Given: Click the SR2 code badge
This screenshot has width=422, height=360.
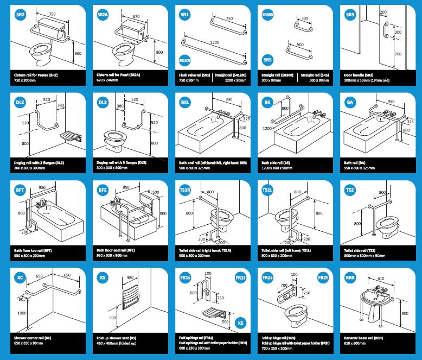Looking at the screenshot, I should pos(21,15).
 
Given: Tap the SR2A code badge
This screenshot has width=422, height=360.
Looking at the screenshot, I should pos(103,15).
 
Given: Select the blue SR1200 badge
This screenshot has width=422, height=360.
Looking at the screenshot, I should pos(185,61).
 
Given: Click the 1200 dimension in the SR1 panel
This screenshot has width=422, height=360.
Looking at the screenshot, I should pos(213,42).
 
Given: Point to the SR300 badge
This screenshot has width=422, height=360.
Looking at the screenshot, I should pos(267,15).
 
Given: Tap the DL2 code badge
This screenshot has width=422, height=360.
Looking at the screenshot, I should pos(21,102).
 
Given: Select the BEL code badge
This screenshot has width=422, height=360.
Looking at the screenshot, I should pos(185,102).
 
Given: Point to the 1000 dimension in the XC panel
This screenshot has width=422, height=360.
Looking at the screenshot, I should pos(21,313).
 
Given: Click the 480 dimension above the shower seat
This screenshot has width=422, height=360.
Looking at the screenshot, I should pos(130,278).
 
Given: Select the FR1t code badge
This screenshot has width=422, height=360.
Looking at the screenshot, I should pos(240,277).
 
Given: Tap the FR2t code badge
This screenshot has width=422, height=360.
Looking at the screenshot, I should pos(322,277).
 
